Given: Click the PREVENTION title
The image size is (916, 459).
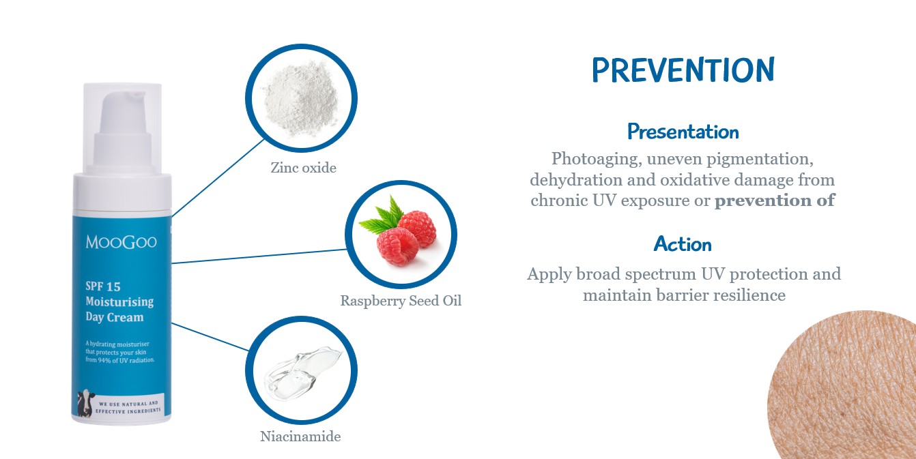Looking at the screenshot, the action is pos(683,70).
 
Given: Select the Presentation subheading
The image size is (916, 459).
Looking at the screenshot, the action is pos(683,132).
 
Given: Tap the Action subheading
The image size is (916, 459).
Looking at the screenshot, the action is pos(683,244).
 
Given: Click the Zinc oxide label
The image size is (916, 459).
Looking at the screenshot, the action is pos(303,168).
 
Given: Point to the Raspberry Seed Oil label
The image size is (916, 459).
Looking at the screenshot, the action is pos(401,301).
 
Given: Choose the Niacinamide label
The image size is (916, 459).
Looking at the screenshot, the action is pos(300,436).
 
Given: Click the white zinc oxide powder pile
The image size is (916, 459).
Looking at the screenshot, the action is pos(302,98).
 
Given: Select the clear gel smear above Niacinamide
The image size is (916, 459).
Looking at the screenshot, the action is pos(302,373).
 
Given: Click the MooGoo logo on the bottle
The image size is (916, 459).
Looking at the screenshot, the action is pos(121,242).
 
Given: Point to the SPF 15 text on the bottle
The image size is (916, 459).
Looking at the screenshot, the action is pos(103,286).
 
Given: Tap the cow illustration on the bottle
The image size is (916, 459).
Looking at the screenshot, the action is pos(85,403).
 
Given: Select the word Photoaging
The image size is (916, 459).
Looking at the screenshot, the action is pos(597,160).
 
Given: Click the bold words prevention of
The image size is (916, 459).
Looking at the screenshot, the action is pos(775,201).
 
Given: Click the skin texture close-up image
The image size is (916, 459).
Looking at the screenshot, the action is pos(842,385).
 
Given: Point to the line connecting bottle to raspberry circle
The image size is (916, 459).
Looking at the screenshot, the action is pos(259,256).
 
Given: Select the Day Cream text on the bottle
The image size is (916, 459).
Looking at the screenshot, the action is pos(115,318).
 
